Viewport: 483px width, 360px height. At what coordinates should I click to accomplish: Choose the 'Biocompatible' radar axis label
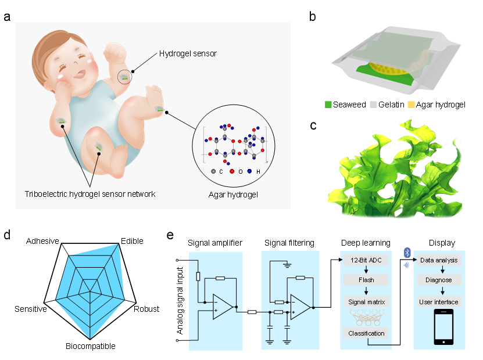(90, 346)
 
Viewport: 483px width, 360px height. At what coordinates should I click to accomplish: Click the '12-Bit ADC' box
(366, 260)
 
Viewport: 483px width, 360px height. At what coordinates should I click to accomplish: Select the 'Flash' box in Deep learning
(366, 279)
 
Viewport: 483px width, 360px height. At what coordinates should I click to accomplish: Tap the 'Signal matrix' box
(366, 301)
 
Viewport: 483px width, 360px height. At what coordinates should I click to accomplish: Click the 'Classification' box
(366, 333)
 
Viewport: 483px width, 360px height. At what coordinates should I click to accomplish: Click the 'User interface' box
(439, 301)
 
